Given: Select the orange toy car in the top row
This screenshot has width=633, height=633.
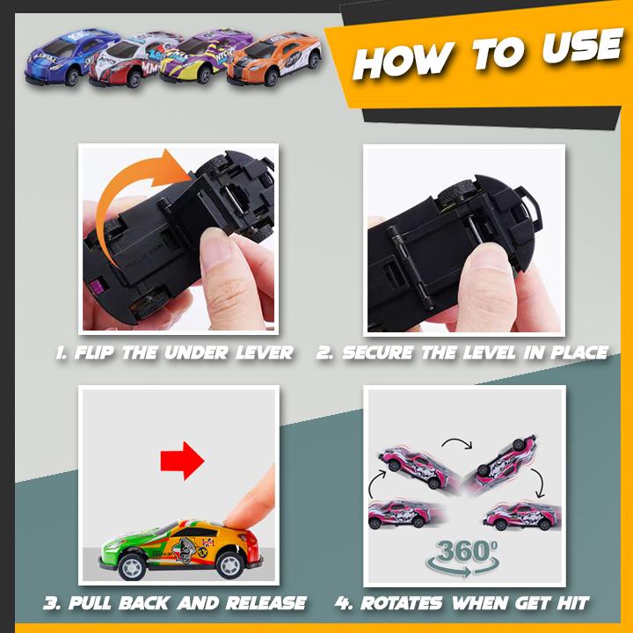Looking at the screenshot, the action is (274, 60).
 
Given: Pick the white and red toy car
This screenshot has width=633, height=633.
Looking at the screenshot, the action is (135, 60).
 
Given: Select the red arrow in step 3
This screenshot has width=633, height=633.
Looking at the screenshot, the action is (182, 461).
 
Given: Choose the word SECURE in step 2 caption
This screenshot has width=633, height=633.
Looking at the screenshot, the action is (377, 353).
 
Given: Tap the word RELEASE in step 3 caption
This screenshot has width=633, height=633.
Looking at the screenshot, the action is (266, 603).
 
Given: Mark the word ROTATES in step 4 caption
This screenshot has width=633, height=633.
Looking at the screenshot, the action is (401, 603).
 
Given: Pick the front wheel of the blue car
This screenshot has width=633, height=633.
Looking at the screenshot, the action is (72, 76).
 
